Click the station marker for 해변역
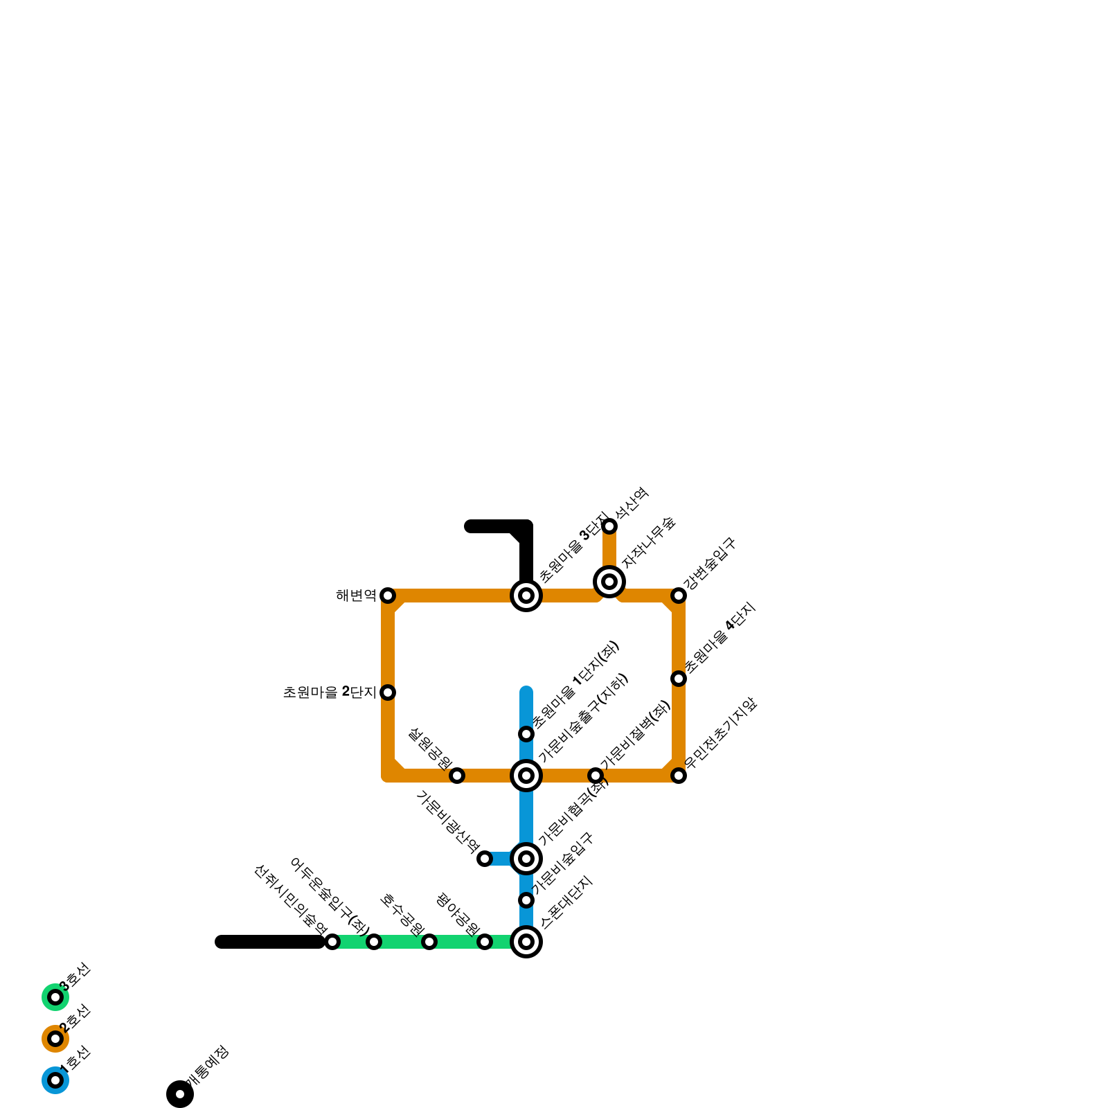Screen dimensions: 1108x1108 (388, 596)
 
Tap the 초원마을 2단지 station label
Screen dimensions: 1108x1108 (330, 692)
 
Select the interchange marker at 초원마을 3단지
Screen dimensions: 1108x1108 (526, 596)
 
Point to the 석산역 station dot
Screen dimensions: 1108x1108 (609, 526)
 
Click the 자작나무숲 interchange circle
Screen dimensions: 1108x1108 (609, 582)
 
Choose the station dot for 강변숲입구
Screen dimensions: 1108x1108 (679, 596)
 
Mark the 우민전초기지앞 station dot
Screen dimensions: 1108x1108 (679, 776)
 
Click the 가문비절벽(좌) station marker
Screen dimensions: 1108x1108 (596, 776)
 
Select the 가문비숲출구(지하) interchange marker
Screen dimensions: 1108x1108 (526, 776)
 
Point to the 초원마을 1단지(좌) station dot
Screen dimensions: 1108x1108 (526, 734)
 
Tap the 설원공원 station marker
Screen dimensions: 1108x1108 (457, 776)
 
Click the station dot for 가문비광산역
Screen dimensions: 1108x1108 (485, 859)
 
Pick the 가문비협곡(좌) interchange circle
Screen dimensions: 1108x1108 (526, 859)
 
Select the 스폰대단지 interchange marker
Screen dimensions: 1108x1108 (526, 942)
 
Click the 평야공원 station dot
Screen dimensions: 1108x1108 (485, 942)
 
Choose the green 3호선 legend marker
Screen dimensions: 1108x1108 (55, 997)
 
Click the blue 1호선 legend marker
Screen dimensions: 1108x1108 (55, 1080)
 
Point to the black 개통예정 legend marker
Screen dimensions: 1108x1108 (180, 1094)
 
